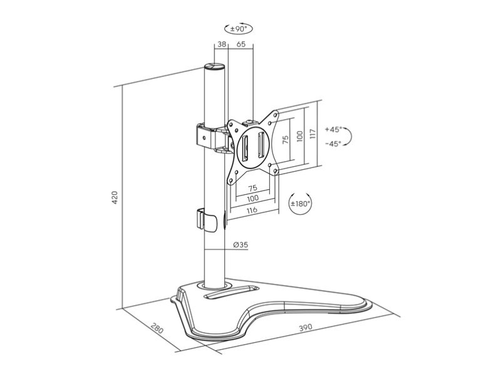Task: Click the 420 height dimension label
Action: tap(115, 198)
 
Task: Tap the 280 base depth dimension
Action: tap(157, 328)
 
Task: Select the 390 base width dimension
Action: tap(306, 328)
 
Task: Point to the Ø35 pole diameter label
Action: tap(240, 245)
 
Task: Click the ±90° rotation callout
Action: tap(239, 29)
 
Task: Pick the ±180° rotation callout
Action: tap(300, 203)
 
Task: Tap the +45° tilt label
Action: tap(333, 130)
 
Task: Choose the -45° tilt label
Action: tap(333, 144)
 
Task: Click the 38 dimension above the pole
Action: tap(222, 44)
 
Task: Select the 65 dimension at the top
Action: tap(241, 44)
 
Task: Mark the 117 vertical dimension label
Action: tap(312, 133)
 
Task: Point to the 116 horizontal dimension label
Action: tap(252, 210)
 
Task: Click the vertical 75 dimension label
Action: tap(286, 139)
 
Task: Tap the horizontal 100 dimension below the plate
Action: tap(253, 198)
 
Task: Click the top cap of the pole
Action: tap(214, 67)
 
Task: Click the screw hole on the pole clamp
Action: tap(205, 138)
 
